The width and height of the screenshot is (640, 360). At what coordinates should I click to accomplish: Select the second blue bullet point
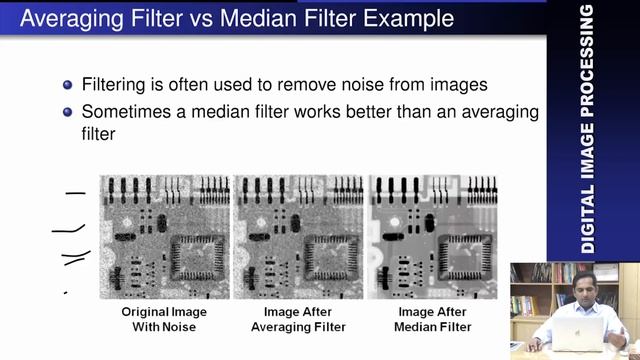click(68, 112)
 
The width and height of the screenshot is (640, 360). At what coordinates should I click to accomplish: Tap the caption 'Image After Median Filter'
click(433, 319)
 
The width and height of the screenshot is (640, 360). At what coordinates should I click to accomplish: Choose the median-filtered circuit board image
click(433, 236)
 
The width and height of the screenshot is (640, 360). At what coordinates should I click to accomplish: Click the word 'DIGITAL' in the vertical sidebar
click(587, 216)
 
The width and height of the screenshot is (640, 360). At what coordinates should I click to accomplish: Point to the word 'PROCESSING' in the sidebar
click(587, 60)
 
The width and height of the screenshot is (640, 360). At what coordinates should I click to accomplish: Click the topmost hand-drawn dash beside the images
click(75, 192)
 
